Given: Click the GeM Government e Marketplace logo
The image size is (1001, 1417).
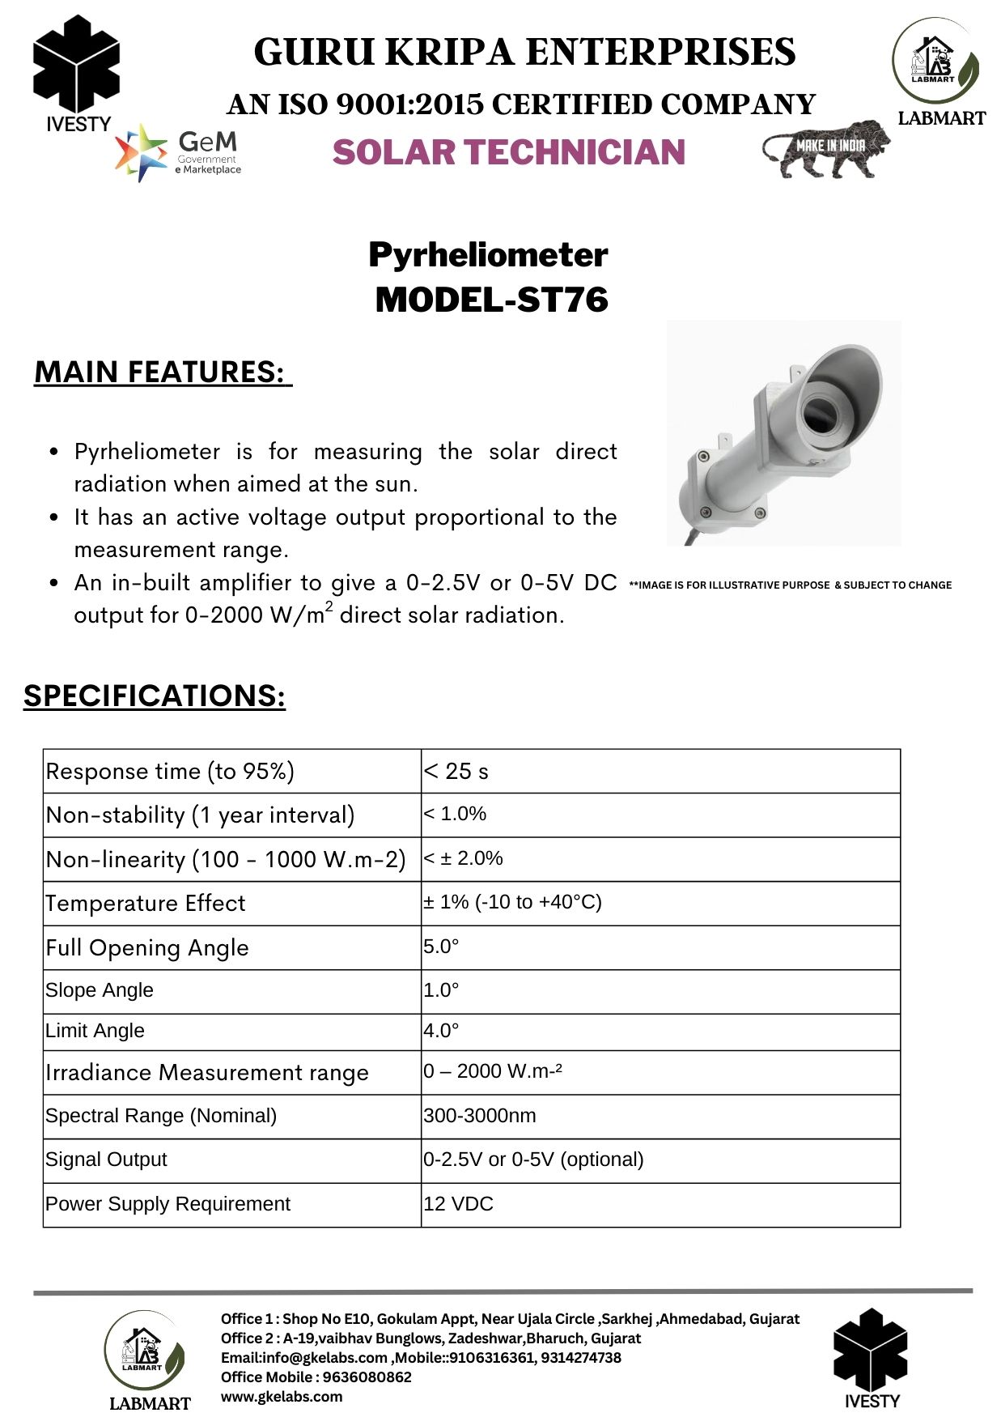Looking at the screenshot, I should [179, 152].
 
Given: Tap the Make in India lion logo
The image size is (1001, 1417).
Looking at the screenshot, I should [825, 148].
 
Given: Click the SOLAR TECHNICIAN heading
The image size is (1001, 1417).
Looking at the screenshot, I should [508, 152].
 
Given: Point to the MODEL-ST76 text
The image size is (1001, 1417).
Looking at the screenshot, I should [491, 300].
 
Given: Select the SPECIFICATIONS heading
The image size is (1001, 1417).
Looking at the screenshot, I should [155, 696].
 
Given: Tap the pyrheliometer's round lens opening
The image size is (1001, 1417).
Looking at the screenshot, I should [822, 412].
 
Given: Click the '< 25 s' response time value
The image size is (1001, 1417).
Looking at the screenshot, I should [456, 772].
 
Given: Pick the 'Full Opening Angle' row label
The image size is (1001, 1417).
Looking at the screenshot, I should [147, 947].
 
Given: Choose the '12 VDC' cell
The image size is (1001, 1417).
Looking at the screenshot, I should [458, 1204].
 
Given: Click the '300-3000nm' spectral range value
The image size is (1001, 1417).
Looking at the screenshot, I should [480, 1116].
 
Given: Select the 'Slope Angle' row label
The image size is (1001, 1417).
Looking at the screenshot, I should [100, 990].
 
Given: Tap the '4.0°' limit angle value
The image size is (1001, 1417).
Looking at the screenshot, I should [441, 1031].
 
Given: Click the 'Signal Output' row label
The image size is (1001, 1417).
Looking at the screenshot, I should [106, 1160].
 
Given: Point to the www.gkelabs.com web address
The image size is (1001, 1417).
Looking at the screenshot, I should [282, 1397].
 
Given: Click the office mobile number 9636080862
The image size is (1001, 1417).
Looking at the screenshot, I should [367, 1377].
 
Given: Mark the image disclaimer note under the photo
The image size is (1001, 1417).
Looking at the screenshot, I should [790, 585].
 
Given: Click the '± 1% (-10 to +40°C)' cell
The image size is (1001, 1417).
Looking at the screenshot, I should [512, 902].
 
